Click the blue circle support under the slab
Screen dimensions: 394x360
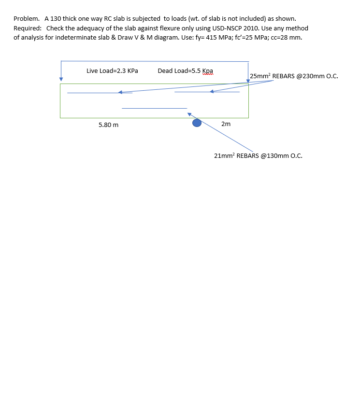(197, 123)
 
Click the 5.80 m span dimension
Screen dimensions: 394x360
(108, 125)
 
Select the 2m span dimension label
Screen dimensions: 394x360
(226, 124)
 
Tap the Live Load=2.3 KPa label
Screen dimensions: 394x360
(112, 70)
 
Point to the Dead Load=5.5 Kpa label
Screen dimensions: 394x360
(185, 70)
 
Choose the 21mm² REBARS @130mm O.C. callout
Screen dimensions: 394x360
(258, 155)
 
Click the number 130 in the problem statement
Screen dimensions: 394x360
(55, 19)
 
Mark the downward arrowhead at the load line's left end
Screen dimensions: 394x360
(61, 79)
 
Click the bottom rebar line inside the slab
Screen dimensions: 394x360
(154, 108)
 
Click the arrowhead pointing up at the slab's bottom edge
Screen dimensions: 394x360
(190, 114)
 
